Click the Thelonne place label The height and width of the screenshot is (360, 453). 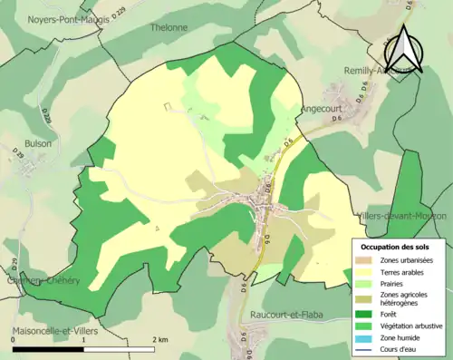(161, 28)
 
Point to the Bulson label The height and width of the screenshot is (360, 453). (39, 143)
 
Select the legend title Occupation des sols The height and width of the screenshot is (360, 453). (395, 247)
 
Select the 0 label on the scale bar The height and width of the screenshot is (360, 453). (13, 339)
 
